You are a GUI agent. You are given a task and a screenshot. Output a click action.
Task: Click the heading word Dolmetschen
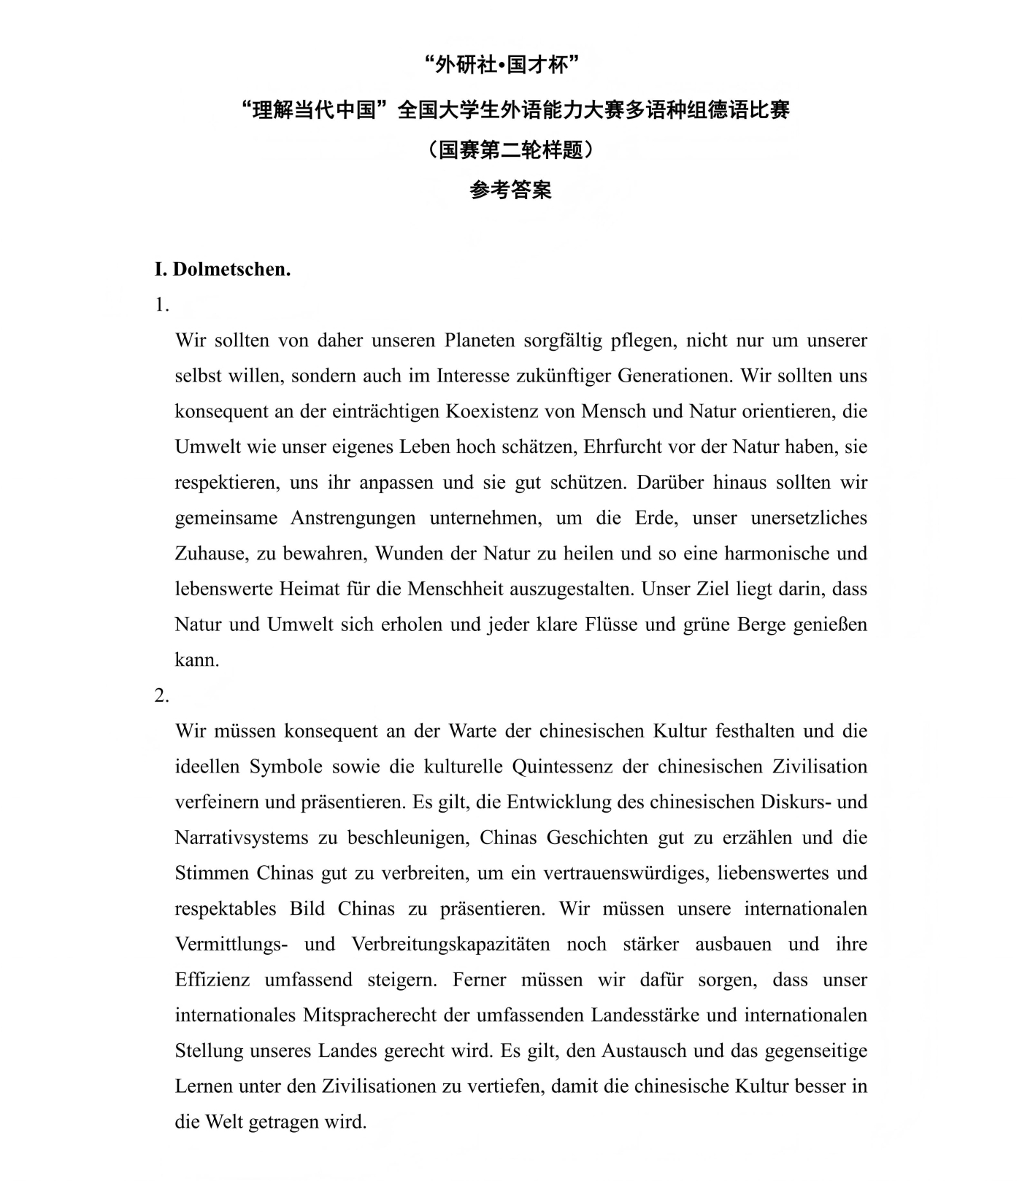point(231,269)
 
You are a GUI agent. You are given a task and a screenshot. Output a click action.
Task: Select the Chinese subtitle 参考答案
point(510,190)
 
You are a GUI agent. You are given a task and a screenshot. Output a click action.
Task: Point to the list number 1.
point(161,305)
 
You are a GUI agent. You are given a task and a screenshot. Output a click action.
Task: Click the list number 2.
point(161,696)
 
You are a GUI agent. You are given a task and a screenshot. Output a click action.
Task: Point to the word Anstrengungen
point(353,518)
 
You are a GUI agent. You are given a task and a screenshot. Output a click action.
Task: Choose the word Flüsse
point(609,624)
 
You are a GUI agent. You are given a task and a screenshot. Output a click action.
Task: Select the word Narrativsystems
point(242,837)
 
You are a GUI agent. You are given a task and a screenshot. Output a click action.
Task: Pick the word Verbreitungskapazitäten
point(450,944)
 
